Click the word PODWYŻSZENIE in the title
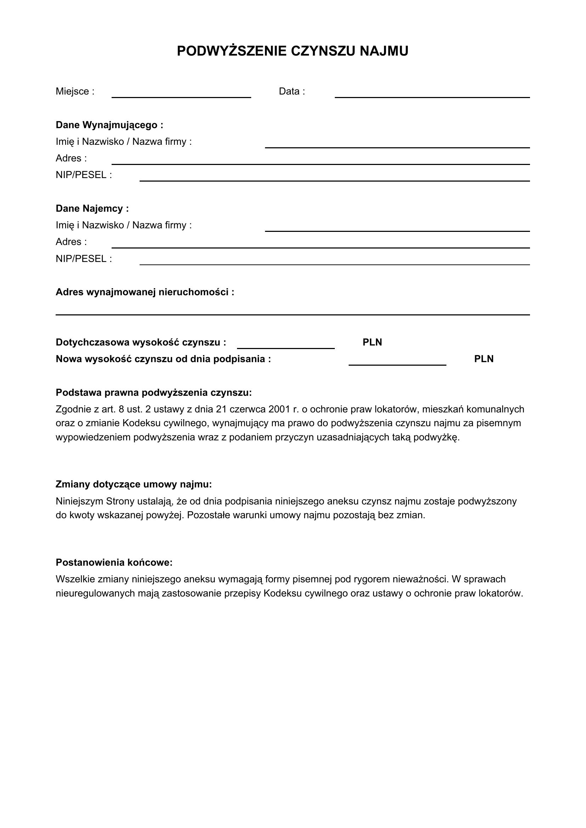(x=232, y=51)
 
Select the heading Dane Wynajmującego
(x=109, y=125)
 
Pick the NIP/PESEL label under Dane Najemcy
(x=84, y=259)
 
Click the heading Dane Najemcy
(x=92, y=209)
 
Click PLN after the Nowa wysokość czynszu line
(x=484, y=359)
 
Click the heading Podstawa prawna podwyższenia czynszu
(x=154, y=392)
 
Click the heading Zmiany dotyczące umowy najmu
(x=134, y=484)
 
